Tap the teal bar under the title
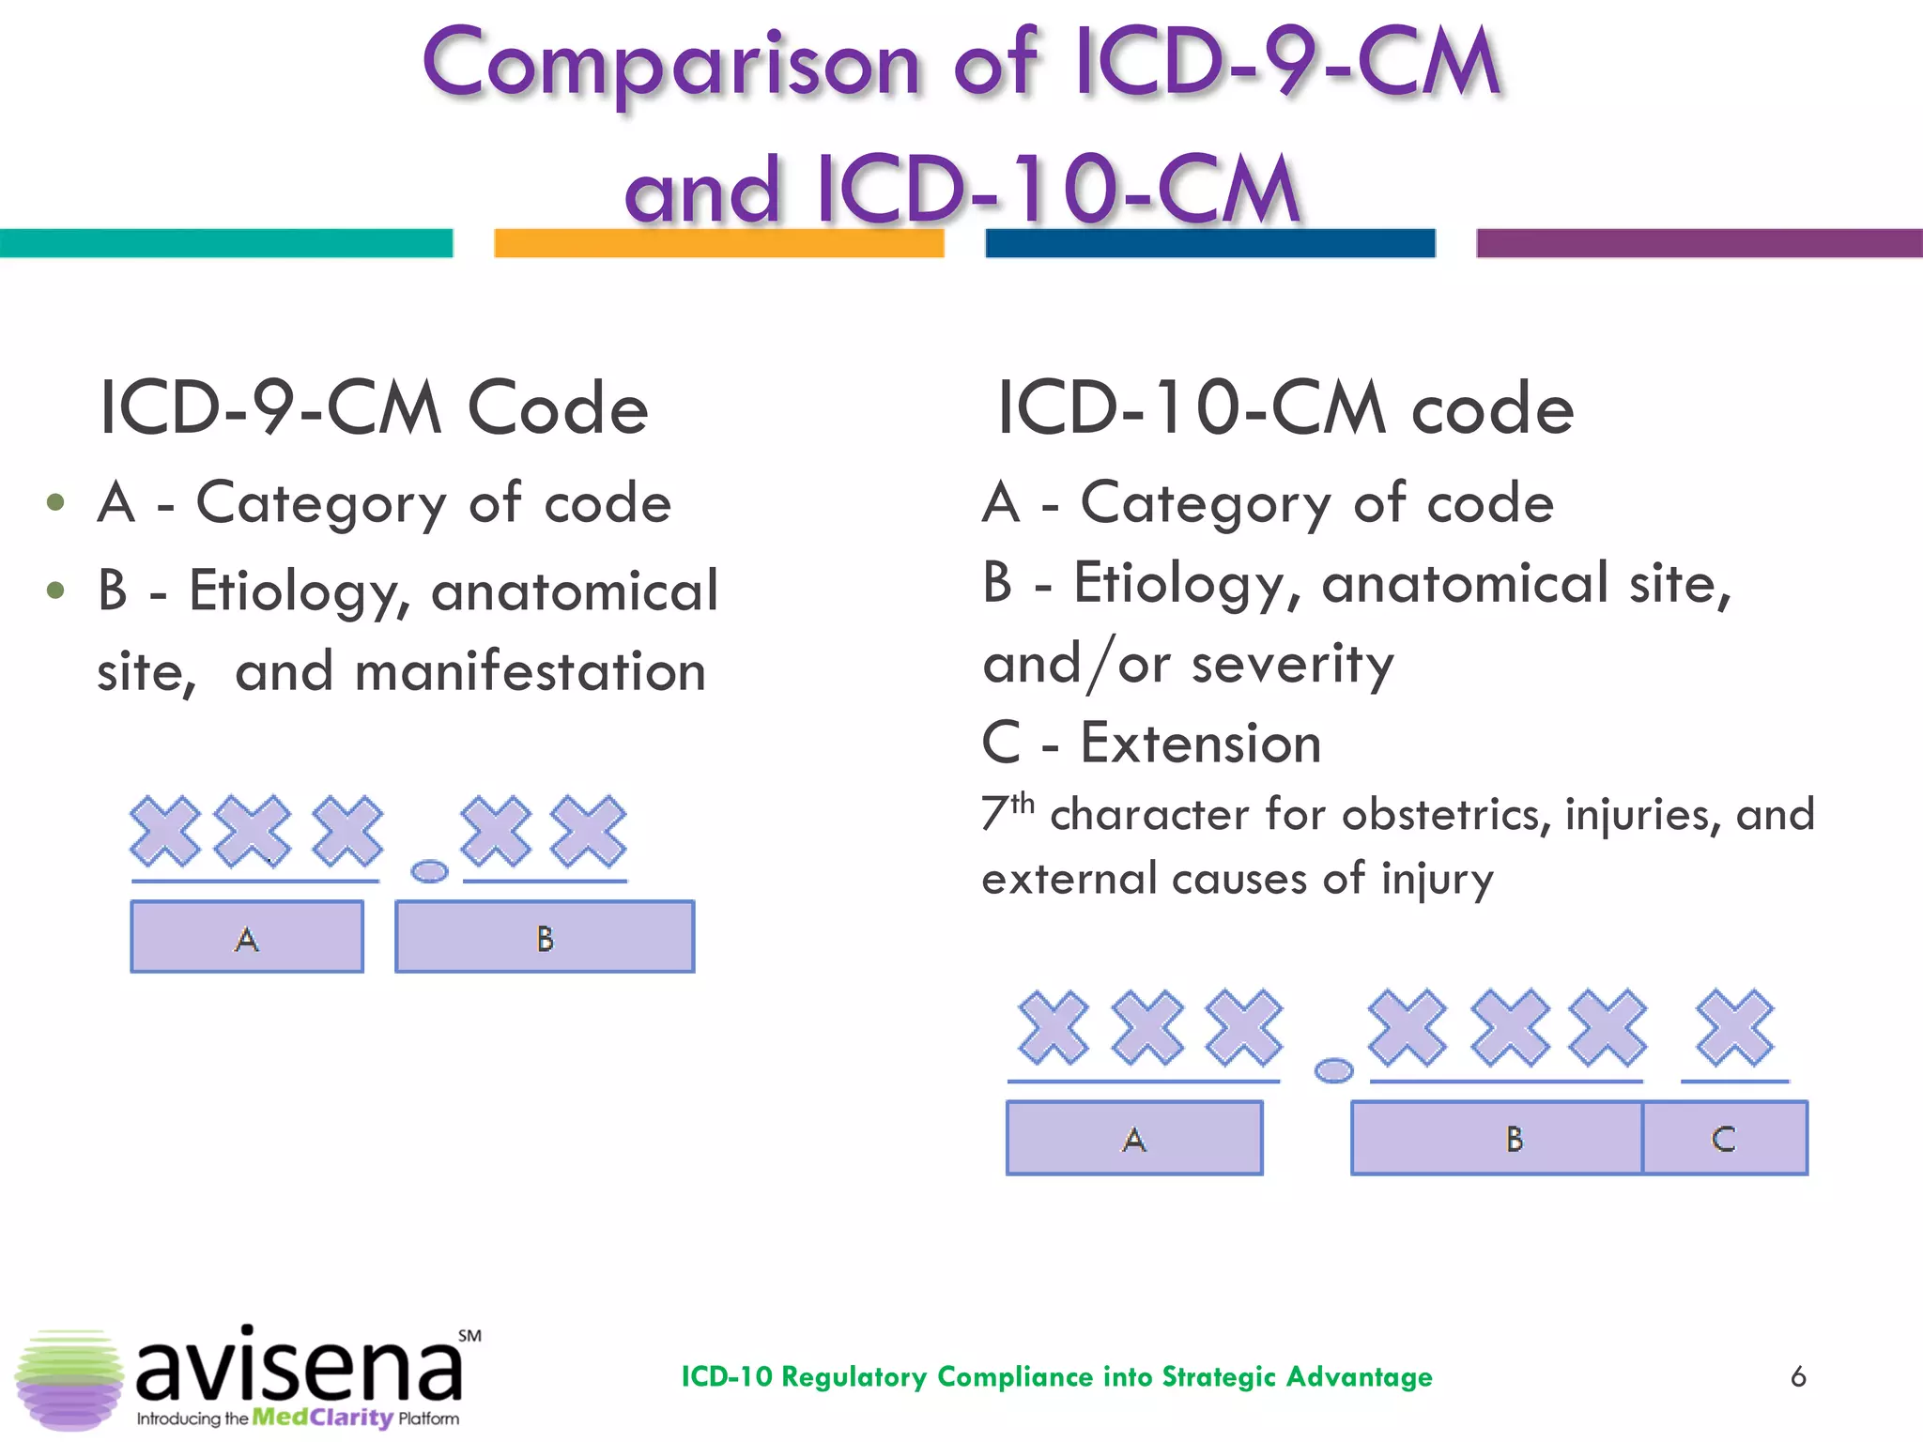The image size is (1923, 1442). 225,243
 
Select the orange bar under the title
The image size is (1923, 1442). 718,243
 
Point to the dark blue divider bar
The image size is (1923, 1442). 1209,243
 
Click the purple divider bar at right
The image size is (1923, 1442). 1699,243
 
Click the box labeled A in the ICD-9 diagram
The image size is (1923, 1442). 247,937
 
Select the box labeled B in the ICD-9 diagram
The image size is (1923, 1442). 545,937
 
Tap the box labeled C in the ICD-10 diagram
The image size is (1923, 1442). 1725,1138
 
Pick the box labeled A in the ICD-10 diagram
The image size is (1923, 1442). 1134,1138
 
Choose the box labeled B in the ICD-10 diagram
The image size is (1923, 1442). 1497,1138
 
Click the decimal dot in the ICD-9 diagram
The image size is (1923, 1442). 430,871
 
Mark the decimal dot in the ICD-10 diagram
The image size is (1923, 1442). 1333,1070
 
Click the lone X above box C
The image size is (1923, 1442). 1735,1028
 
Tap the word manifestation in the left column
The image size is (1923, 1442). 531,672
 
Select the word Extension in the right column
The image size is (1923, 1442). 1201,744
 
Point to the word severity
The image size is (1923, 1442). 1293,665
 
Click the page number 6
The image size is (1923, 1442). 1798,1376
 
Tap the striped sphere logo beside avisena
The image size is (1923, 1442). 69,1378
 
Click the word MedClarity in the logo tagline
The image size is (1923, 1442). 322,1418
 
